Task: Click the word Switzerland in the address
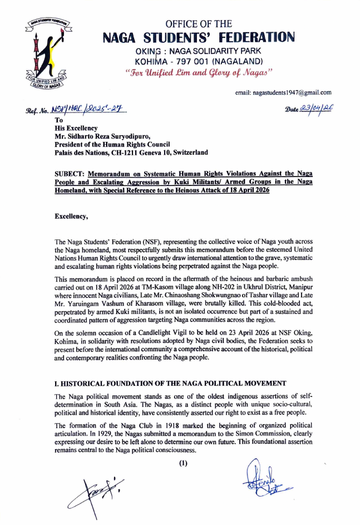click(x=188, y=152)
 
